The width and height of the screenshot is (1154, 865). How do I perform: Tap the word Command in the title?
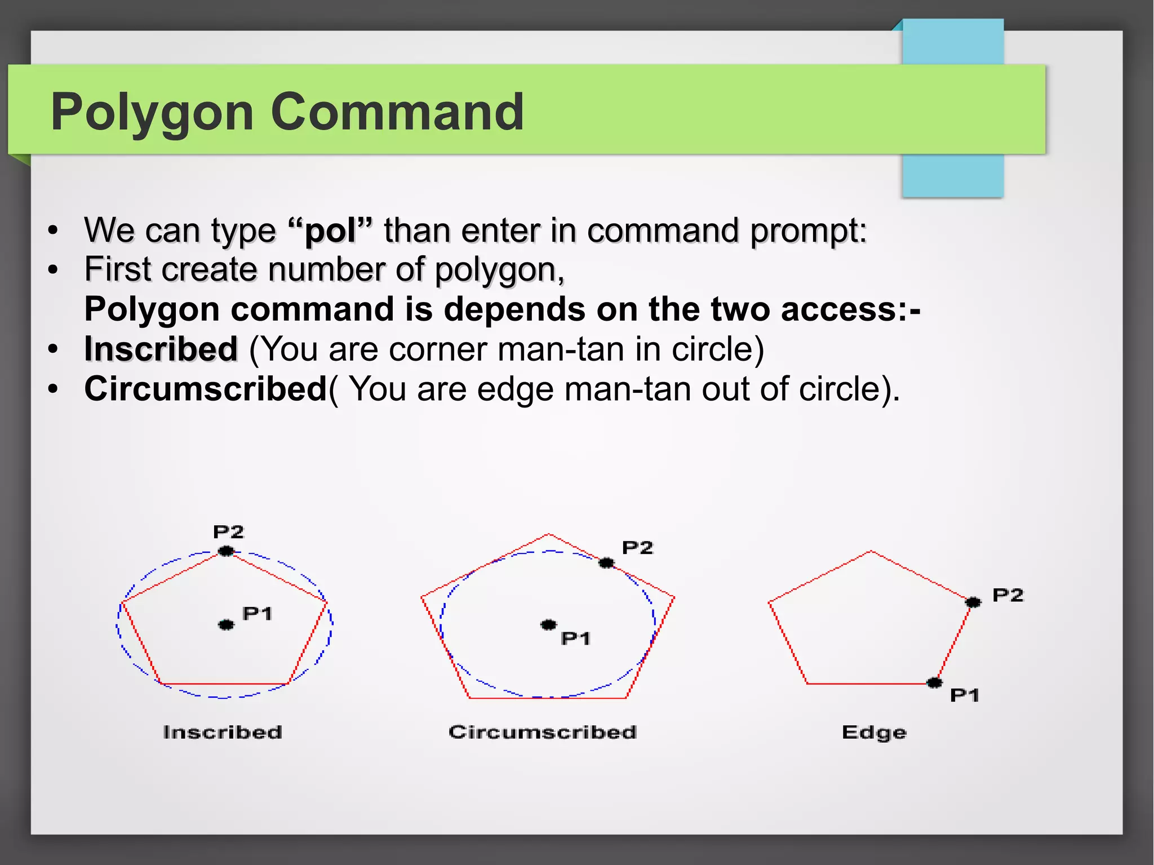(x=397, y=112)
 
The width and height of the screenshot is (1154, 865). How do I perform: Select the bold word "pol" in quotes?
(x=330, y=230)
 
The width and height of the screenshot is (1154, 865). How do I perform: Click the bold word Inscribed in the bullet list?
(x=161, y=349)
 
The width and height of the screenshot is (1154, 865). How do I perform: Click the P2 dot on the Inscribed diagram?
(x=226, y=551)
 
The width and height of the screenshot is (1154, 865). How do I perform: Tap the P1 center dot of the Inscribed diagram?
(x=226, y=624)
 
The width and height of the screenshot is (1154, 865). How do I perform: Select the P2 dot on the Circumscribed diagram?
(x=606, y=562)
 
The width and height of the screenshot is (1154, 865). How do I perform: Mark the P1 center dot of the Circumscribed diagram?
(x=548, y=624)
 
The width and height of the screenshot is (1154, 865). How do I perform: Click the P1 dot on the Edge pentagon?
(x=934, y=683)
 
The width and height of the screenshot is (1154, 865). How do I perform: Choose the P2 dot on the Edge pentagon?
(x=973, y=602)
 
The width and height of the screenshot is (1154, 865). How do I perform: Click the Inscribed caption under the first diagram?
(x=223, y=732)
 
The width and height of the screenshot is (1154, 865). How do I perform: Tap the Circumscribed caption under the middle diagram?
(x=543, y=732)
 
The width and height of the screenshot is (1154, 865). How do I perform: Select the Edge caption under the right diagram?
(x=874, y=732)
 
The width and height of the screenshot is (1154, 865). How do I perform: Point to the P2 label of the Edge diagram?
(x=1007, y=595)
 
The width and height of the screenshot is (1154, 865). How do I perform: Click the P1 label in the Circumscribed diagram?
(x=575, y=638)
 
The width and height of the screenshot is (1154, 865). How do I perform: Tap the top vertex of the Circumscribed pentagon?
(x=549, y=534)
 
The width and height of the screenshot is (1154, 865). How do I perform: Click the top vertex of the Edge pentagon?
(x=871, y=551)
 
